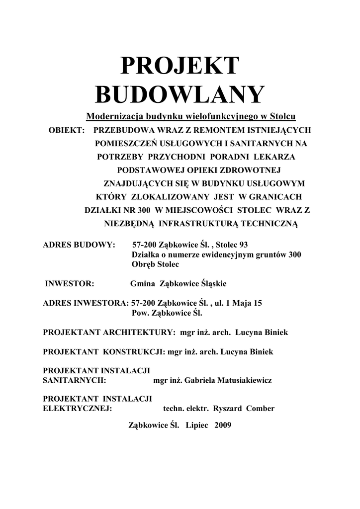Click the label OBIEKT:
tap(66, 130)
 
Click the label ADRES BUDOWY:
tap(79, 245)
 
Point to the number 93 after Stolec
tap(243, 245)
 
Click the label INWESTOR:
tap(70, 284)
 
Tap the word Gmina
tap(142, 284)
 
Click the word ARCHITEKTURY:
tap(140, 332)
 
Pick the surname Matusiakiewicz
tap(242, 381)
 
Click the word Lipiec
tap(198, 426)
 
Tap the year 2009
tap(223, 426)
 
